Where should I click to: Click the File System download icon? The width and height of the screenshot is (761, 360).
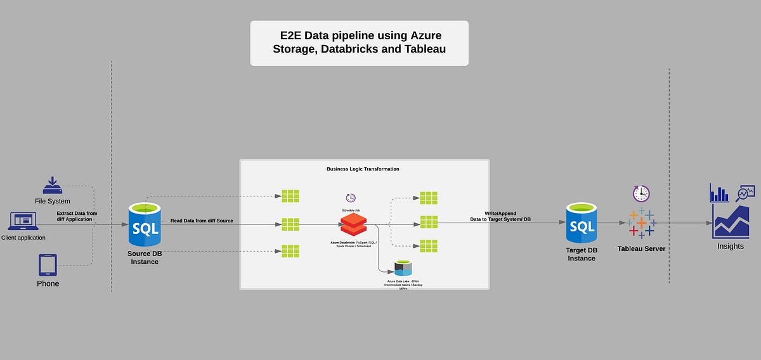pyautogui.click(x=53, y=185)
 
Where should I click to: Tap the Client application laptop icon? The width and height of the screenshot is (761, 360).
pyautogui.click(x=23, y=221)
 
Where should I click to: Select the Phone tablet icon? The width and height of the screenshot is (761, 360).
pyautogui.click(x=48, y=265)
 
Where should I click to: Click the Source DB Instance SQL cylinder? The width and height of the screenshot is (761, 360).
pyautogui.click(x=145, y=224)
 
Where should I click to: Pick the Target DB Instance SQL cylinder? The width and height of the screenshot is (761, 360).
pyautogui.click(x=582, y=224)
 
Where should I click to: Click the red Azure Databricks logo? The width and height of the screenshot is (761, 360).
pyautogui.click(x=353, y=223)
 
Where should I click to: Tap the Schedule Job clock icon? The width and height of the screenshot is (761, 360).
pyautogui.click(x=351, y=198)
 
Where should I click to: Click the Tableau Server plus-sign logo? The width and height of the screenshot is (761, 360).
pyautogui.click(x=641, y=222)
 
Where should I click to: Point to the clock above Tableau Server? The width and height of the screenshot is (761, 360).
pyautogui.click(x=641, y=193)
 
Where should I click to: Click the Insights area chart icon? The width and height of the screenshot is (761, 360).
pyautogui.click(x=731, y=221)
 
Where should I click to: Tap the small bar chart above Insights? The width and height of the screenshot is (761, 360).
pyautogui.click(x=719, y=193)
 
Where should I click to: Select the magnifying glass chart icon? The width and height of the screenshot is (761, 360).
pyautogui.click(x=745, y=193)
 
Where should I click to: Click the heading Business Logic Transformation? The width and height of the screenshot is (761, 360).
pyautogui.click(x=363, y=169)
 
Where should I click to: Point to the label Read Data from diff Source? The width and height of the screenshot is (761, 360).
pyautogui.click(x=202, y=221)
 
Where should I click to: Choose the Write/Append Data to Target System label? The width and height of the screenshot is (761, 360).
pyautogui.click(x=500, y=216)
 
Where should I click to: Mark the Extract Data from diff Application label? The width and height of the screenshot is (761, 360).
pyautogui.click(x=77, y=216)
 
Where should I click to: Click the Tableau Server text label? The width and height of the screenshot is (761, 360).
pyautogui.click(x=641, y=249)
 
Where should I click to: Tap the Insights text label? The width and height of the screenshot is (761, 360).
pyautogui.click(x=731, y=247)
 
